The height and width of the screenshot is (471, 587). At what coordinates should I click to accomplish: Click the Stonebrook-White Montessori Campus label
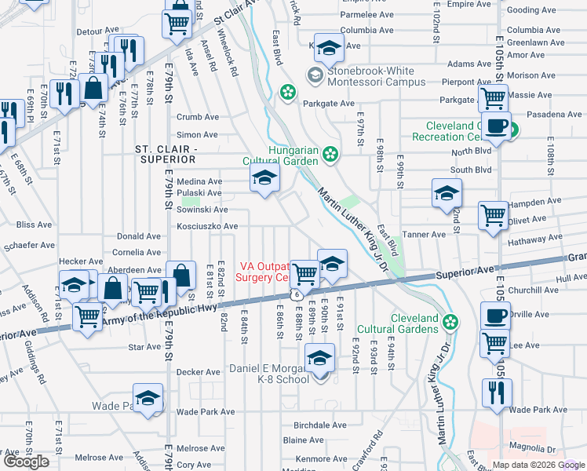[x=377, y=75]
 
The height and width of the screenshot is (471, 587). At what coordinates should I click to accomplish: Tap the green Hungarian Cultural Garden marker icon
[x=332, y=154]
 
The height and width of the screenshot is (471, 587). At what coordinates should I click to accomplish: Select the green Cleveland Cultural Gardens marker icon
[x=450, y=320]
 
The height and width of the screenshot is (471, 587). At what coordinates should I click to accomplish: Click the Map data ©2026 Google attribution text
[x=538, y=465]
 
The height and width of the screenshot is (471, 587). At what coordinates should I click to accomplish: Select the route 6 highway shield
[x=297, y=294]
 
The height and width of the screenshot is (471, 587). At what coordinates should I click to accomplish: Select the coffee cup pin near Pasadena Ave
[x=496, y=126]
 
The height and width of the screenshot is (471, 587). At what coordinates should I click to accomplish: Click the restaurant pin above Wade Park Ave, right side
[x=496, y=391]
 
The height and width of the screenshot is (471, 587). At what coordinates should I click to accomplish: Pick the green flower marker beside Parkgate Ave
[x=288, y=93]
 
